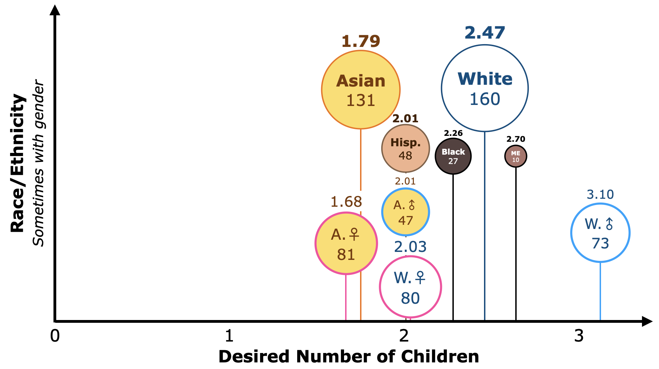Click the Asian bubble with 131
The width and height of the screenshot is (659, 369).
361,90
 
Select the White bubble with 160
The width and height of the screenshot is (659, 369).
485,88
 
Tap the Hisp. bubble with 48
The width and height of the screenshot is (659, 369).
406,149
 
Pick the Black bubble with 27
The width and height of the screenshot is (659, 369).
453,156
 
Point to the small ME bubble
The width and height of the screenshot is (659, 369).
516,156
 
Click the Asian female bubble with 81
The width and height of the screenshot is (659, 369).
346,243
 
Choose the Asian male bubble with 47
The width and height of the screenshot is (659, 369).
406,212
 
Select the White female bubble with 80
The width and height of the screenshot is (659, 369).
410,287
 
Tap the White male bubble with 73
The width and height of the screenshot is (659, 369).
600,233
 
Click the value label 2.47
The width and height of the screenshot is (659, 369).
485,33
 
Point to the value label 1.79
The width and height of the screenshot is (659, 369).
361,41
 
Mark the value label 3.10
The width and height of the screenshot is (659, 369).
600,194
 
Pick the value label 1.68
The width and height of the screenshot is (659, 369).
346,202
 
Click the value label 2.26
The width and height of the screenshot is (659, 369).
453,133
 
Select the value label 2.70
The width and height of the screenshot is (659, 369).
516,139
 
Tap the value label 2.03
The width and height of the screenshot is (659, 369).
410,247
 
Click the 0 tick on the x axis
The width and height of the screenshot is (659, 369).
55,336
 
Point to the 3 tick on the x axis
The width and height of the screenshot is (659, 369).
579,336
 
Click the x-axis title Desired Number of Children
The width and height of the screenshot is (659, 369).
349,356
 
